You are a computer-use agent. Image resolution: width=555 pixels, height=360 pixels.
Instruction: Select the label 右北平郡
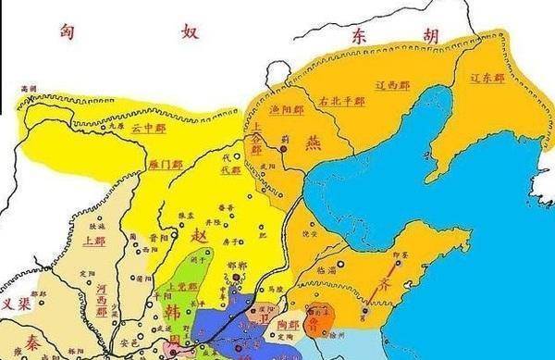[x=344, y=102]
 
